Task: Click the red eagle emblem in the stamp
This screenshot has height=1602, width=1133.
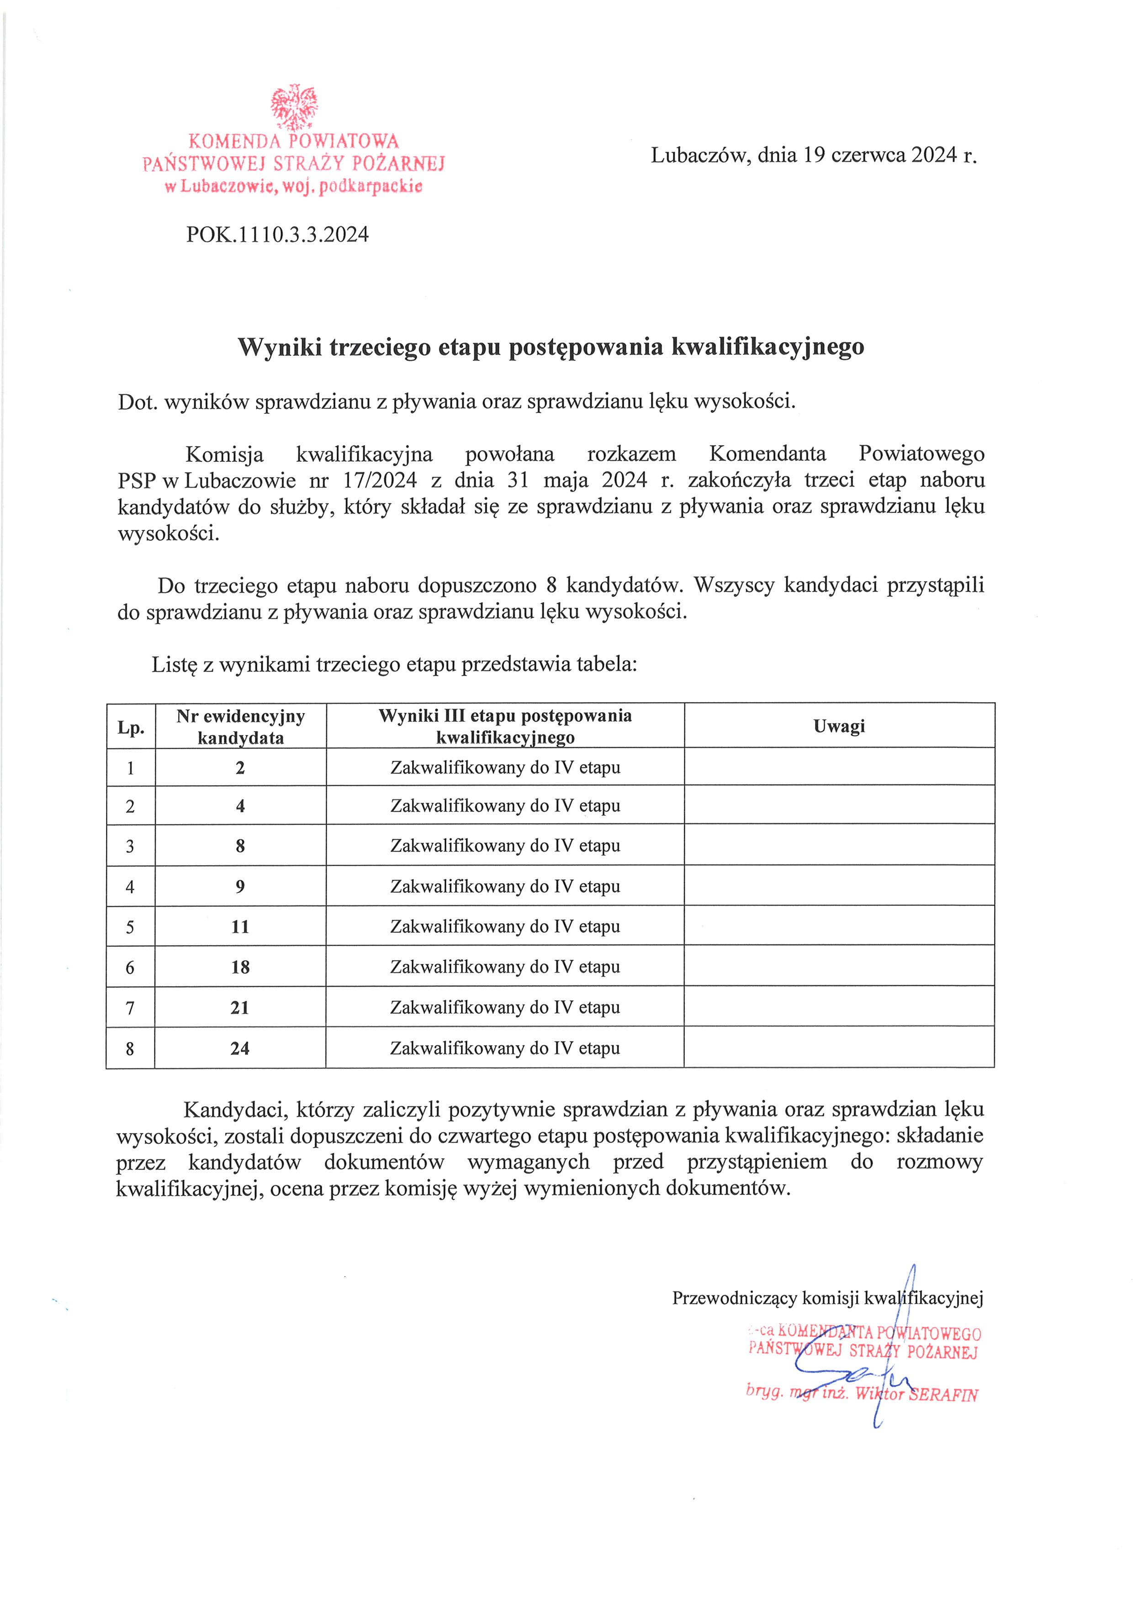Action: click(294, 106)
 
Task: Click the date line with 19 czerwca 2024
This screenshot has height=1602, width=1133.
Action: click(814, 155)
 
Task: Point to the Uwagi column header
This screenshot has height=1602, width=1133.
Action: click(839, 726)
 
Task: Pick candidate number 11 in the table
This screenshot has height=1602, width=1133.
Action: click(240, 926)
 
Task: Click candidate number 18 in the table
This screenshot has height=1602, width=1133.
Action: click(240, 967)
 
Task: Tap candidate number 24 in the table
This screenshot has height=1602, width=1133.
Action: click(240, 1048)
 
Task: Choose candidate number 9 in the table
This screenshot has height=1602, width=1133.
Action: click(240, 887)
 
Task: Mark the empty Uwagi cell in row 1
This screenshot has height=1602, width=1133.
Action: click(839, 767)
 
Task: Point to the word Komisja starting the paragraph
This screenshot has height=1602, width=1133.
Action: click(225, 454)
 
